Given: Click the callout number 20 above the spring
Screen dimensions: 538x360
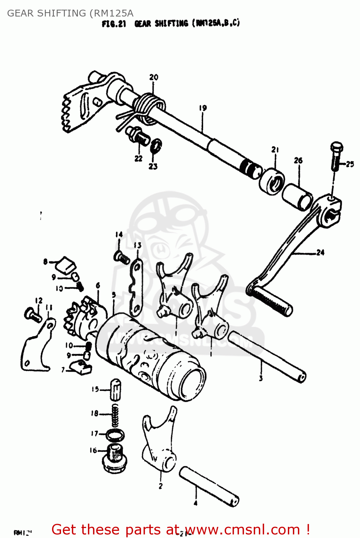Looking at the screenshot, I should pyautogui.click(x=154, y=77).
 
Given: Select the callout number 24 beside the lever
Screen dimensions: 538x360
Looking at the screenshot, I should pyautogui.click(x=320, y=253).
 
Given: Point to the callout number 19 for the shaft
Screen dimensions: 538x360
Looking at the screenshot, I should pyautogui.click(x=202, y=108).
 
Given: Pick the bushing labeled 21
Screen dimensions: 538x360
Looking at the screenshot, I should pyautogui.click(x=272, y=181).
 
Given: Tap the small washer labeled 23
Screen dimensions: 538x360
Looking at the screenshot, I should pyautogui.click(x=156, y=145).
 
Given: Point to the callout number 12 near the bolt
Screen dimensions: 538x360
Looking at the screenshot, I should pyautogui.click(x=39, y=301).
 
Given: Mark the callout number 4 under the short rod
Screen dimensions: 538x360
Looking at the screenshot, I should pyautogui.click(x=195, y=503).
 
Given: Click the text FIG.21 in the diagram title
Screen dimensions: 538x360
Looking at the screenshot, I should pyautogui.click(x=114, y=24).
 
